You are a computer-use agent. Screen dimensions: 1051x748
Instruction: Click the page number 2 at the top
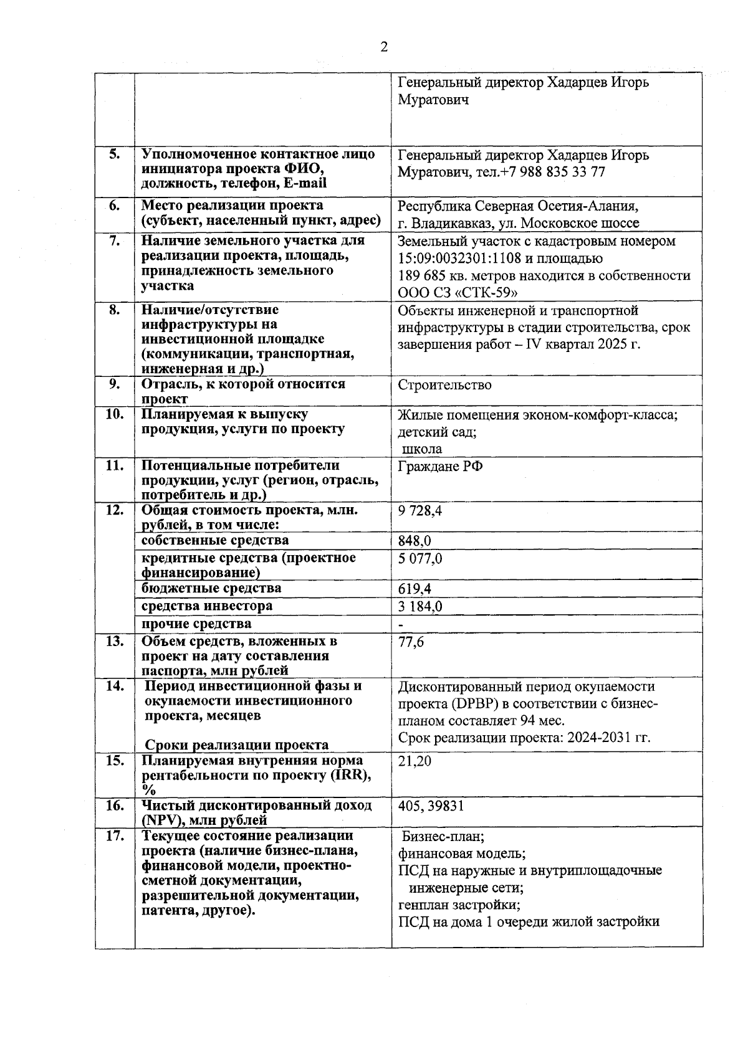click(x=384, y=47)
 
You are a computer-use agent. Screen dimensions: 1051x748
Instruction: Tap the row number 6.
click(x=115, y=206)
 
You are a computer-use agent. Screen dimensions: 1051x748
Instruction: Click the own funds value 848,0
click(x=415, y=541)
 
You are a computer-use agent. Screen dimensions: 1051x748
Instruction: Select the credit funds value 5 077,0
click(x=420, y=558)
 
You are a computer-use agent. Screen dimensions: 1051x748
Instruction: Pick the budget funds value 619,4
click(x=415, y=589)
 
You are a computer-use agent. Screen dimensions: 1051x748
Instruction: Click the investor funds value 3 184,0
click(x=420, y=606)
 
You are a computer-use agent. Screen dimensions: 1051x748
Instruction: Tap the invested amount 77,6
click(x=411, y=642)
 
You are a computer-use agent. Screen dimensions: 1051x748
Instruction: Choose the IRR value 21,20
click(x=415, y=761)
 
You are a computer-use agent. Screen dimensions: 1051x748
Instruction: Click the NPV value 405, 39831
click(x=431, y=806)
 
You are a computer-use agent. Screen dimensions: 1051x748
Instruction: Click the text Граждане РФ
click(x=440, y=467)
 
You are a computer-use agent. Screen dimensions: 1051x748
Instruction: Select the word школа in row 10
click(x=423, y=449)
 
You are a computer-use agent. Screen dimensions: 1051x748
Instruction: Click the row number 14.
click(x=115, y=686)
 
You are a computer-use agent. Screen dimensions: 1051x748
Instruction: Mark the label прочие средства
click(x=196, y=624)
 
